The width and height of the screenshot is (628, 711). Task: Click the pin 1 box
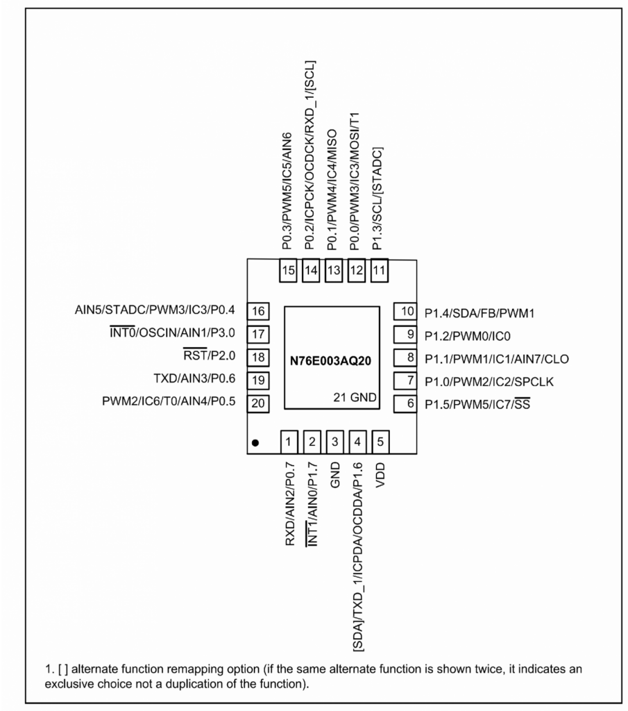tap(289, 442)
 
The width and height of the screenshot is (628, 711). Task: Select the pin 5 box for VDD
tap(380, 442)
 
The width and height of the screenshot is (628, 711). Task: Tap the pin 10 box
tap(405, 311)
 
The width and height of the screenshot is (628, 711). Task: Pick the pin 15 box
tap(288, 271)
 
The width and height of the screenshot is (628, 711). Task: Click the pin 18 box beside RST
tap(258, 358)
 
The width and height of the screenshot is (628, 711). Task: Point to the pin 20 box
tap(258, 403)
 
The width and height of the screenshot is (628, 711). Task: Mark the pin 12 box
tap(357, 271)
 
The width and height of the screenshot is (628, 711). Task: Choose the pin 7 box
tap(405, 380)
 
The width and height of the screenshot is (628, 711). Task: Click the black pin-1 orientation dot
tap(255, 443)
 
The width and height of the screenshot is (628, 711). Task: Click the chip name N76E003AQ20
tap(330, 361)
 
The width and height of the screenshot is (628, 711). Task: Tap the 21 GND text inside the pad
tap(355, 398)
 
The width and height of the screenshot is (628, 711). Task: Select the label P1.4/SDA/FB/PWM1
tap(480, 313)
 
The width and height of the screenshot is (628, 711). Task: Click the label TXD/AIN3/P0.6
tap(194, 378)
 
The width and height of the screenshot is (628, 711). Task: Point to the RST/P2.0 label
tap(210, 355)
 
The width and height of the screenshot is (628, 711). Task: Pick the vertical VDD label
tap(380, 475)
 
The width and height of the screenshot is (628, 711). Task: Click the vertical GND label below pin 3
tap(335, 475)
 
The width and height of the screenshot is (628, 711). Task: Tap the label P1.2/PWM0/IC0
tap(467, 337)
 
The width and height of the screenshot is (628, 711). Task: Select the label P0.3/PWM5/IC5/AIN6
tap(287, 191)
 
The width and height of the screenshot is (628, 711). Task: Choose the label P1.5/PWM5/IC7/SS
tap(477, 404)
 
